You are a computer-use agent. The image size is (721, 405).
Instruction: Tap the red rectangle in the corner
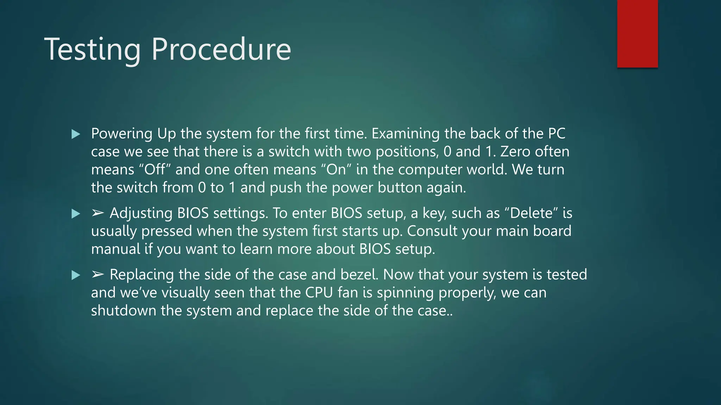637,33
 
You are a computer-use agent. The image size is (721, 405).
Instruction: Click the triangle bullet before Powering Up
76,134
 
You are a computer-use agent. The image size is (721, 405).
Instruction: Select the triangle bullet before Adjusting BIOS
76,213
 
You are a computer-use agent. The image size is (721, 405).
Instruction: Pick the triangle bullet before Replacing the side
76,275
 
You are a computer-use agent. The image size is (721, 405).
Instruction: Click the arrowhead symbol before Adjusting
98,213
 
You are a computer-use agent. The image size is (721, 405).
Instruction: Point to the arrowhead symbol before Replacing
98,275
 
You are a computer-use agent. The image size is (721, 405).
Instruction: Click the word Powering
121,134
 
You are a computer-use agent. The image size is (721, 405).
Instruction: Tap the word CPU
319,293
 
